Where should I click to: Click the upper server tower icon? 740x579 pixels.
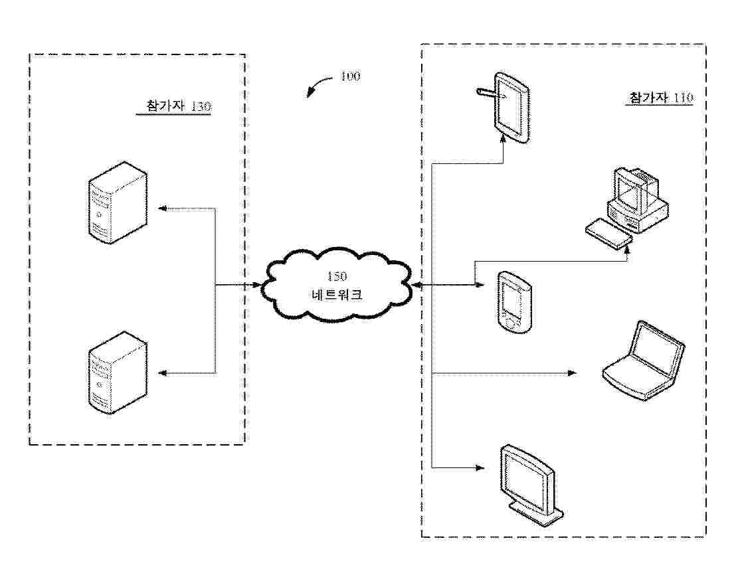tap(118, 202)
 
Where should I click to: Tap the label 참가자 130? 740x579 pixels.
tap(174, 106)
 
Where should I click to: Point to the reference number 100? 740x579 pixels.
tap(350, 76)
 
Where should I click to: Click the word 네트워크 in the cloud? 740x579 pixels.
tap(337, 295)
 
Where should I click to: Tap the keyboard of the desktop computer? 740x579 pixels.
tap(608, 235)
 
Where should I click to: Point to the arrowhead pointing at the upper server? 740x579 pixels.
tap(161, 208)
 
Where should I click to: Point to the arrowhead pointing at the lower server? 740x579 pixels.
tap(161, 374)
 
